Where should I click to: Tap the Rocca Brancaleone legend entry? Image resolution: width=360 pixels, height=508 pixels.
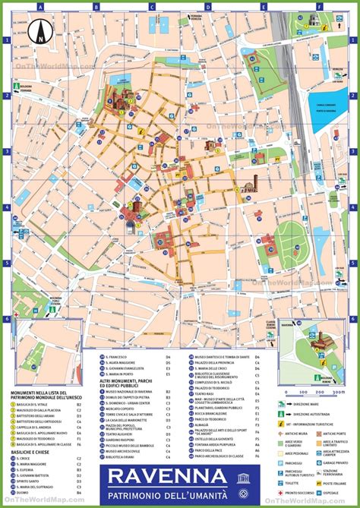pos(216,393)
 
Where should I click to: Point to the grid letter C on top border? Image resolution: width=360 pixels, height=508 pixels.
pos(152,6)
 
